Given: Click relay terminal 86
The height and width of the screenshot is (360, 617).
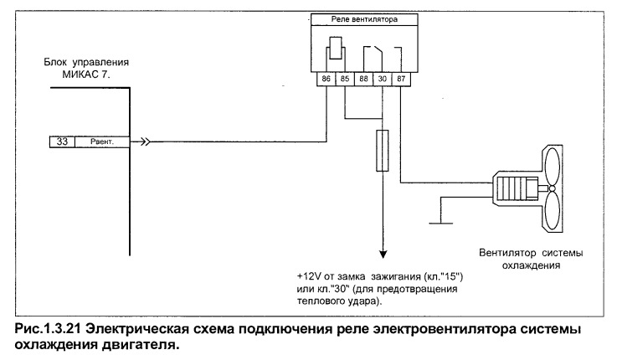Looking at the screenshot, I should pyautogui.click(x=326, y=80).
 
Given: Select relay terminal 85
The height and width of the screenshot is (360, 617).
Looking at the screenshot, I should pyautogui.click(x=345, y=80).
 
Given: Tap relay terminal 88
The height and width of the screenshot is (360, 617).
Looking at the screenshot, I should pyautogui.click(x=364, y=80).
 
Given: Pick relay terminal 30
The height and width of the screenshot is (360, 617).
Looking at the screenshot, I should pyautogui.click(x=383, y=80).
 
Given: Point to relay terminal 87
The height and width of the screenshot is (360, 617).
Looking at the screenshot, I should pyautogui.click(x=402, y=80).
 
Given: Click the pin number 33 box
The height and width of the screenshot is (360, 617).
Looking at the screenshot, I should pyautogui.click(x=62, y=142).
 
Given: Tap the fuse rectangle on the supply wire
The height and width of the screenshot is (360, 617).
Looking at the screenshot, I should pyautogui.click(x=383, y=150).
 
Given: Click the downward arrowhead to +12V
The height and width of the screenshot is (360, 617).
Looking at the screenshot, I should pyautogui.click(x=383, y=252).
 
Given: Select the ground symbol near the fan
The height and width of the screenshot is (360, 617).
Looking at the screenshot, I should pyautogui.click(x=442, y=222).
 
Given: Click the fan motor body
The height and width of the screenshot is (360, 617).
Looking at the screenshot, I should pyautogui.click(x=517, y=190).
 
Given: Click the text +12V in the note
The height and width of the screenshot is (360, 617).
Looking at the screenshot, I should pyautogui.click(x=309, y=276).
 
